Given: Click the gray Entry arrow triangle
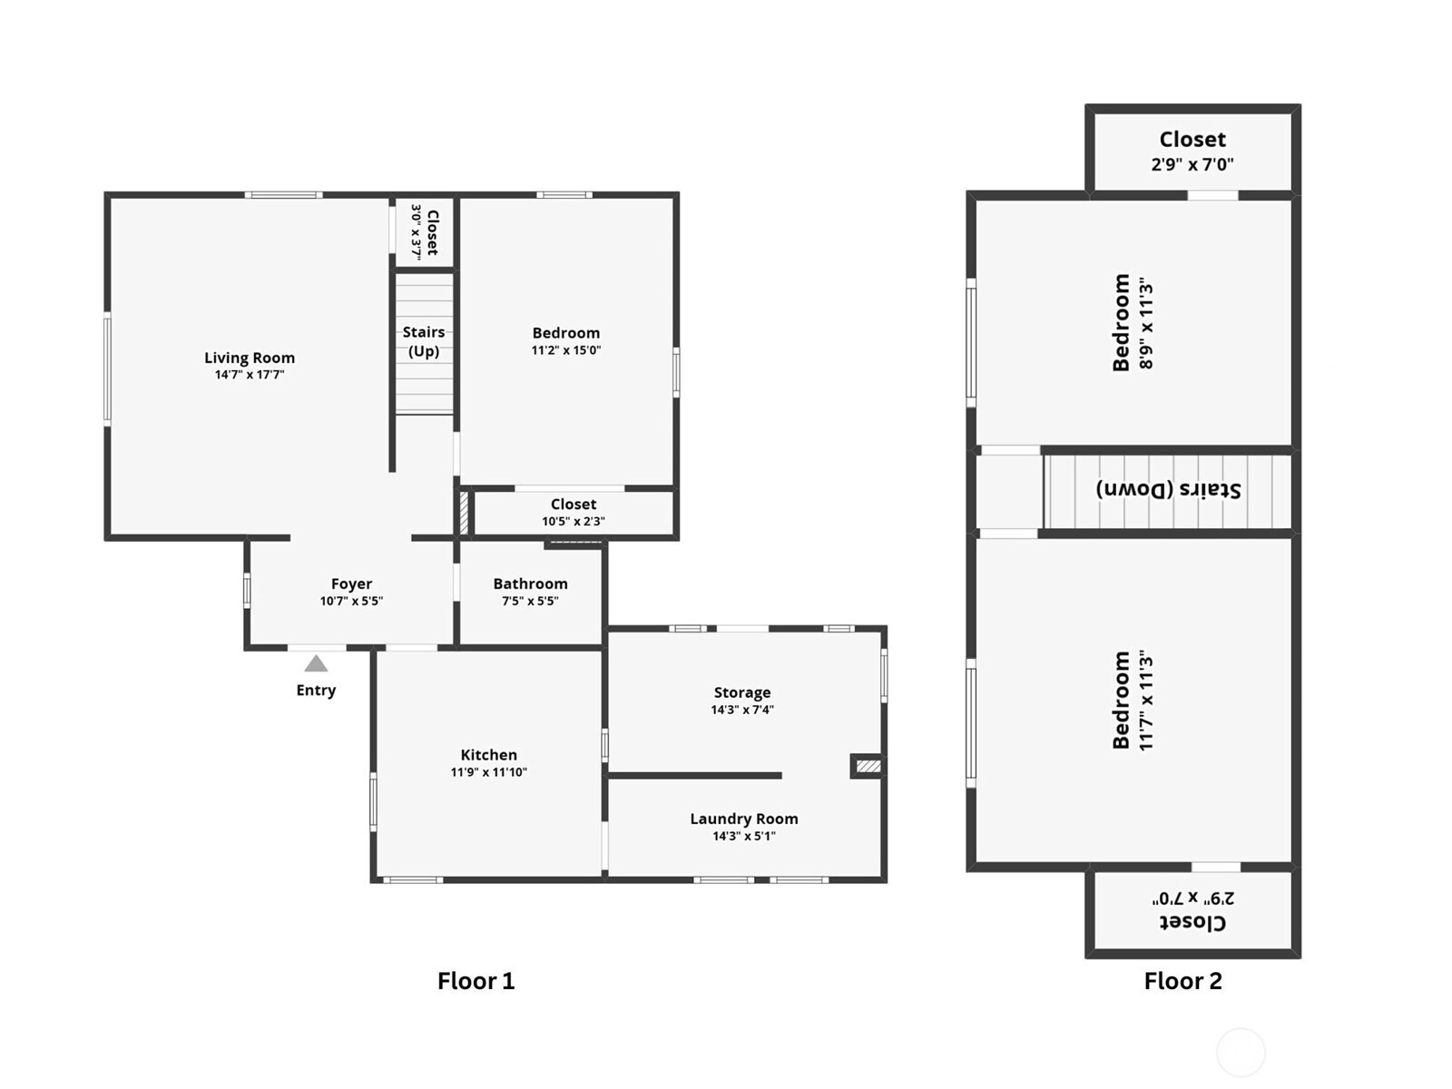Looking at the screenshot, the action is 316,663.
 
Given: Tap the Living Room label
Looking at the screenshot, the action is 250,358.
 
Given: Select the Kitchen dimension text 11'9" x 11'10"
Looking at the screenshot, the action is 489,771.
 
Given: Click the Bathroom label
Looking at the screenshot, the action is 531,584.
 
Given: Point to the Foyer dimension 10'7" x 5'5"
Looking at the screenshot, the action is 351,601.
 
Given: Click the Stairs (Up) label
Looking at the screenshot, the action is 424,341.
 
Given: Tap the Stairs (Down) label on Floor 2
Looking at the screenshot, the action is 1168,490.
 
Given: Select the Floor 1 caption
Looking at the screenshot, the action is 476,981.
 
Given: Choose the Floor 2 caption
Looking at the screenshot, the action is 1182,981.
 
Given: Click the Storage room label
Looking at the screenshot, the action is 742,692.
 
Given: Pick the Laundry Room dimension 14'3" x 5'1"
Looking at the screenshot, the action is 744,836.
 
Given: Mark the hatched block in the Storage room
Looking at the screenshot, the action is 868,766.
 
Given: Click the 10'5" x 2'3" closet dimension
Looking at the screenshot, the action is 574,521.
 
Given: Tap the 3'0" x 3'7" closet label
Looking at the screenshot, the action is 425,232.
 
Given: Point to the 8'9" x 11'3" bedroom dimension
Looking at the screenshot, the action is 1146,323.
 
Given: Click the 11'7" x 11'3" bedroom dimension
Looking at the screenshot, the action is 1146,701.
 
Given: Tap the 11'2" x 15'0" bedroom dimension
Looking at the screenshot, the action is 566,350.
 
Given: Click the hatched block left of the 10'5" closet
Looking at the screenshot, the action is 464,513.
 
